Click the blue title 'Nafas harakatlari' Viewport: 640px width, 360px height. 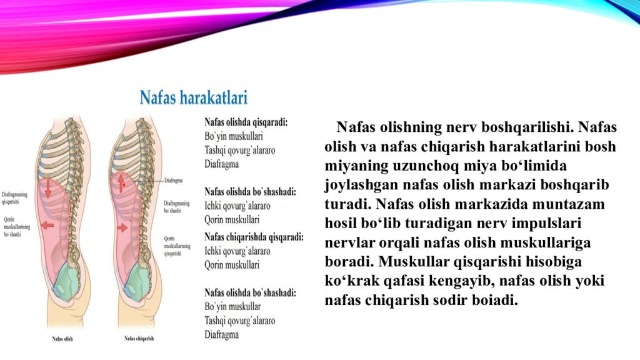(x=193, y=98)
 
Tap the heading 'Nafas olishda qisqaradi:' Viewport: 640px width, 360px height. (x=246, y=122)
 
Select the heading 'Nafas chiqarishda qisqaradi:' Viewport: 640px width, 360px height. (x=254, y=237)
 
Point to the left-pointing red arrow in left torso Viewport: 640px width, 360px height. (x=47, y=224)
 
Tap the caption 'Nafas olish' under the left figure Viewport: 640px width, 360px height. (x=62, y=339)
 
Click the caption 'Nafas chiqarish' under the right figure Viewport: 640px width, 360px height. (x=139, y=339)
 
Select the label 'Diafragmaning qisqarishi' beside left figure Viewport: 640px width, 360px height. (x=14, y=198)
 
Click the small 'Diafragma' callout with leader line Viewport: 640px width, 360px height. (x=173, y=181)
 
